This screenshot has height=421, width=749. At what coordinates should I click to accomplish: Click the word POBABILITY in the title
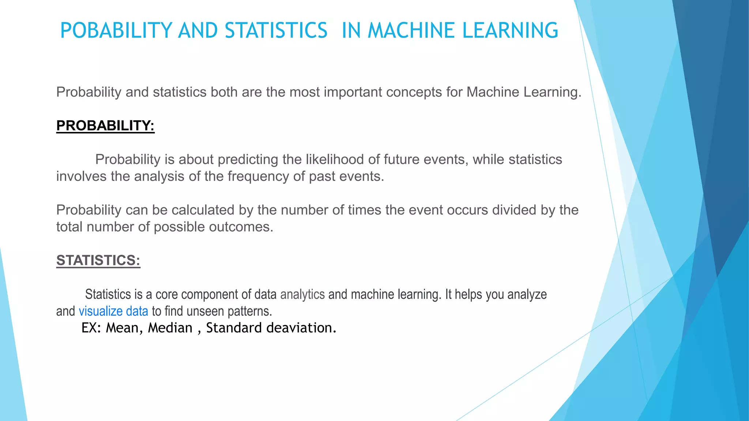pyautogui.click(x=116, y=30)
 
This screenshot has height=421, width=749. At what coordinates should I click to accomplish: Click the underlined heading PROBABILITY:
pyautogui.click(x=105, y=126)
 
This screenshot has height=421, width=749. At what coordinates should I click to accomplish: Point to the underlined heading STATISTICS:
pyautogui.click(x=98, y=261)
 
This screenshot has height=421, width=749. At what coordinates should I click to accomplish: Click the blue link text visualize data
pyautogui.click(x=113, y=311)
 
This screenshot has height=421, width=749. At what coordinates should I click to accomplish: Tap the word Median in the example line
pyautogui.click(x=170, y=328)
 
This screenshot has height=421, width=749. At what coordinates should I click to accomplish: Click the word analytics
pyautogui.click(x=302, y=295)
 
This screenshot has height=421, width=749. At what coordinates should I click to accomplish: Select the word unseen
pyautogui.click(x=205, y=311)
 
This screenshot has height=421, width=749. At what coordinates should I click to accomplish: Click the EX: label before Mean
pyautogui.click(x=91, y=328)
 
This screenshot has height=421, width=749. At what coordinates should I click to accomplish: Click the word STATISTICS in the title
pyautogui.click(x=276, y=30)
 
